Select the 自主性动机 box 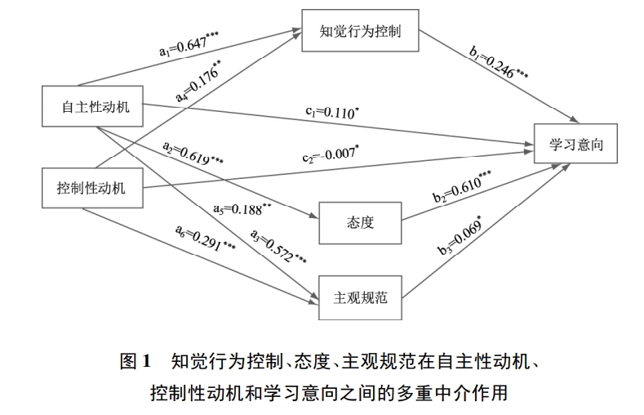pos(91,106)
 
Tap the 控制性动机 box pos(91,190)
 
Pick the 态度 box pos(359,222)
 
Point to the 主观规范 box pos(359,298)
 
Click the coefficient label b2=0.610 pos(461,186)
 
